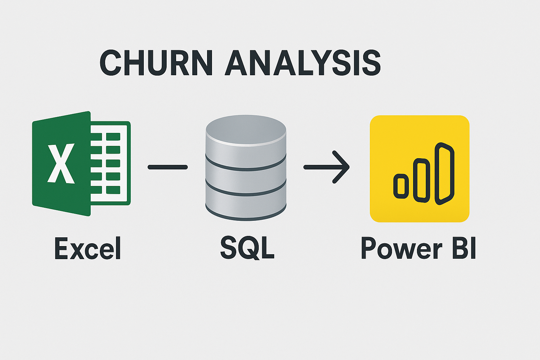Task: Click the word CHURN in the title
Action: pyautogui.click(x=156, y=63)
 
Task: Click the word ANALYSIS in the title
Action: pyautogui.click(x=303, y=63)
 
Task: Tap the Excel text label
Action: pyautogui.click(x=88, y=249)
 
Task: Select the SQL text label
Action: pyautogui.click(x=247, y=248)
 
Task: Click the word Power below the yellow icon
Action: pyautogui.click(x=401, y=249)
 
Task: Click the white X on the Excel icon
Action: pyautogui.click(x=61, y=163)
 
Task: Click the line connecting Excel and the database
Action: pyautogui.click(x=168, y=167)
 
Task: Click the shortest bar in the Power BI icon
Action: pyautogui.click(x=401, y=186)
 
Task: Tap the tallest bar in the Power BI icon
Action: pyautogui.click(x=445, y=174)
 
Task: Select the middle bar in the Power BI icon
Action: pyautogui.click(x=422, y=180)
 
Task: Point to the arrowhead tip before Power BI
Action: pyautogui.click(x=348, y=167)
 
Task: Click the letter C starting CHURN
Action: pyautogui.click(x=112, y=63)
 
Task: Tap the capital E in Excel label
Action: pyautogui.click(x=61, y=248)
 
